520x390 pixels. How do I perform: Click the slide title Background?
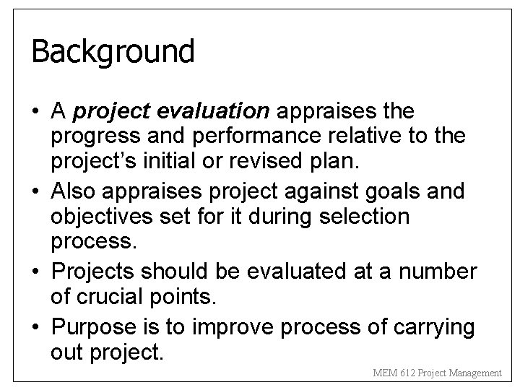pyautogui.click(x=113, y=52)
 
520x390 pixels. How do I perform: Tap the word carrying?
pyautogui.click(x=435, y=327)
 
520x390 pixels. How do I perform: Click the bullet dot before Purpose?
pyautogui.click(x=36, y=327)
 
